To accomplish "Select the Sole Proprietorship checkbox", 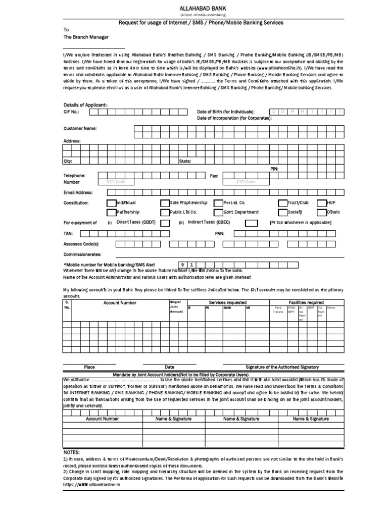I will point(165,202).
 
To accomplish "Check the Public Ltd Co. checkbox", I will point(165,212).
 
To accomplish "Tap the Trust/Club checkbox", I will point(283,202).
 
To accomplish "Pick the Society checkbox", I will point(283,212).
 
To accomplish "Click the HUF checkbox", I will point(321,202).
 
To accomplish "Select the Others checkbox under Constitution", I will point(321,212).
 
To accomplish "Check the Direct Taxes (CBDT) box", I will point(165,223).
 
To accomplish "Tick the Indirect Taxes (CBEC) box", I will point(251,223).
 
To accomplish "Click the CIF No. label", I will point(71,112).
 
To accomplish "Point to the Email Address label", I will point(78,193).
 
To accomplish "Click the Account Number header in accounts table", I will point(120,302).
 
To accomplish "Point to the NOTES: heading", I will point(72,452).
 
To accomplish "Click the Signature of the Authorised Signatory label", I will point(282,367).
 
